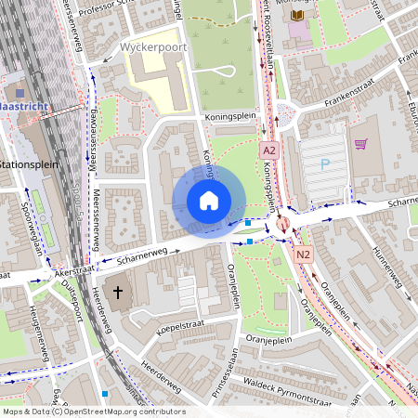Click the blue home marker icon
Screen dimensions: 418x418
(x=209, y=201)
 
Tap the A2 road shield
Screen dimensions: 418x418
(x=269, y=150)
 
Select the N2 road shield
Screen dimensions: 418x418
(x=304, y=254)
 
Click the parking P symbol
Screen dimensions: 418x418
(x=324, y=164)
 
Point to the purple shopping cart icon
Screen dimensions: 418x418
(x=360, y=144)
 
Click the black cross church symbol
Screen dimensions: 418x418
(x=118, y=294)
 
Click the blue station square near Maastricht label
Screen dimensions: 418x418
(x=20, y=93)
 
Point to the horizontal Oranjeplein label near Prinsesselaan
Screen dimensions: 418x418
(x=266, y=339)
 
